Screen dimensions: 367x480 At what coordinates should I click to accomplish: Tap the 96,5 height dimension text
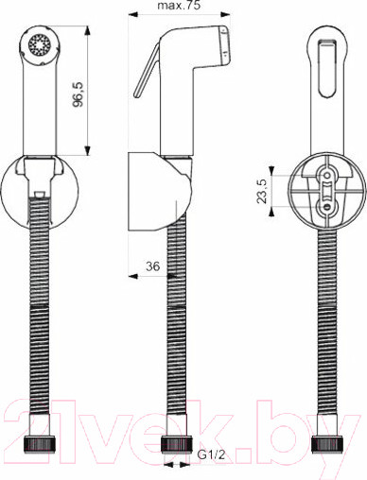click(x=79, y=94)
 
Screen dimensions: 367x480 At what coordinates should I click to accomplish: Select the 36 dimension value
click(x=153, y=266)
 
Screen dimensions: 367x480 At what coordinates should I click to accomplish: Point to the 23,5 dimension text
click(x=262, y=191)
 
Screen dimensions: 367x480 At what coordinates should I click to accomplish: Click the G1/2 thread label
click(x=211, y=454)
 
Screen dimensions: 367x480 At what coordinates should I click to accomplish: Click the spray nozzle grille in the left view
click(x=40, y=45)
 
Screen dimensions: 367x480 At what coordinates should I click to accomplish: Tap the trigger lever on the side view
click(x=147, y=71)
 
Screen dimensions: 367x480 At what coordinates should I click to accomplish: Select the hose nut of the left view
click(x=40, y=444)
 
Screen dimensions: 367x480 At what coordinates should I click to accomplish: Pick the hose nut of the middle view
click(x=177, y=444)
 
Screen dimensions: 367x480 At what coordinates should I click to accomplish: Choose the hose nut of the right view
click(x=327, y=444)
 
